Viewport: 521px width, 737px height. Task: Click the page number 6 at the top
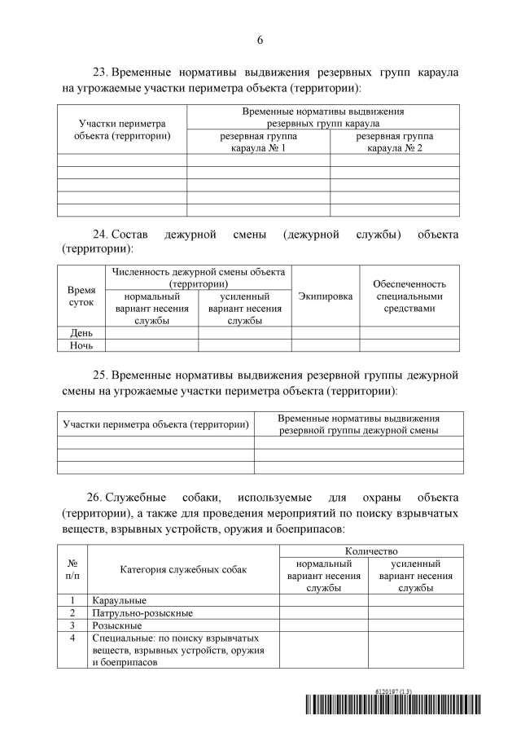click(260, 40)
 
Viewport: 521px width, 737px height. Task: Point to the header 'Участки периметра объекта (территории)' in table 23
click(122, 129)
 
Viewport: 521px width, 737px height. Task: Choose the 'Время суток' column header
click(81, 296)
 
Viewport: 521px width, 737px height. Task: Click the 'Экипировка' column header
click(326, 296)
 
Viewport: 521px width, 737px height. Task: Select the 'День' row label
click(81, 332)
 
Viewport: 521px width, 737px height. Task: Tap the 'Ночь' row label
click(81, 345)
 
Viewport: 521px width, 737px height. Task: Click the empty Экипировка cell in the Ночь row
click(326, 345)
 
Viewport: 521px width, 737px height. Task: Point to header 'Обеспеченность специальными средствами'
click(409, 296)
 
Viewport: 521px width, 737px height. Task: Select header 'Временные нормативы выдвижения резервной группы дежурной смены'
click(358, 423)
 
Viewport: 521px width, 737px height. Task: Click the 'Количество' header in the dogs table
click(371, 551)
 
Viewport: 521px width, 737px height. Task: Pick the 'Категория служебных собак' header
click(182, 569)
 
